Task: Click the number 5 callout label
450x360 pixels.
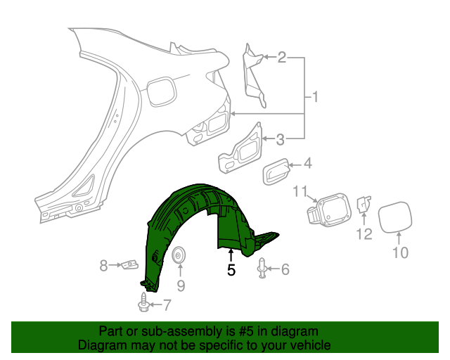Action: click(x=231, y=269)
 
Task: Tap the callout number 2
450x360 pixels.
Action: click(x=281, y=58)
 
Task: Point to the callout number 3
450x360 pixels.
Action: click(x=280, y=139)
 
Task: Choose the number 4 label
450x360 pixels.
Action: click(x=307, y=165)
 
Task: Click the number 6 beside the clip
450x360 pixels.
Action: click(x=285, y=269)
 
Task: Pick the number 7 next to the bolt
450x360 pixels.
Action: click(x=166, y=305)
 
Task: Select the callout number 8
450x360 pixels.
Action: click(x=103, y=265)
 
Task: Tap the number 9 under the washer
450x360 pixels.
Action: click(x=180, y=285)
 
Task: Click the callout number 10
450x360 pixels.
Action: click(x=399, y=252)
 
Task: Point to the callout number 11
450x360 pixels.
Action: click(x=301, y=191)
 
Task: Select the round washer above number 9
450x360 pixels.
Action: click(x=180, y=255)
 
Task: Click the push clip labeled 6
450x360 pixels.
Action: click(x=262, y=269)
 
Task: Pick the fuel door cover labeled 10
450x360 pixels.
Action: click(x=398, y=217)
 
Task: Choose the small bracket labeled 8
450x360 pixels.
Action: click(x=129, y=265)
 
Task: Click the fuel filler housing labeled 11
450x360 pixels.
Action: click(x=328, y=210)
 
